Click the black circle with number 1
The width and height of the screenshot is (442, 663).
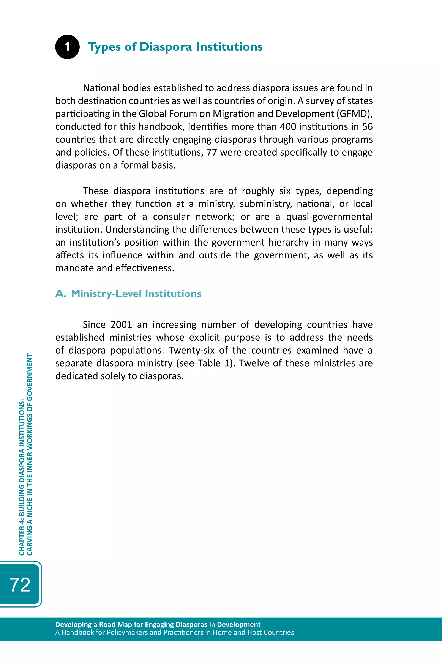click(67, 47)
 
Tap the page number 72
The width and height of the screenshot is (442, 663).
click(20, 584)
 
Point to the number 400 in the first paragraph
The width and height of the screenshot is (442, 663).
click(288, 126)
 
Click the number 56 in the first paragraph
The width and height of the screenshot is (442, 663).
click(367, 126)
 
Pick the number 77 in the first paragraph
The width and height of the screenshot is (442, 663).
click(212, 152)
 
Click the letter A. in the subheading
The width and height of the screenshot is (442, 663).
click(61, 294)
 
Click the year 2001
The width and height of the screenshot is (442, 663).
click(122, 325)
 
